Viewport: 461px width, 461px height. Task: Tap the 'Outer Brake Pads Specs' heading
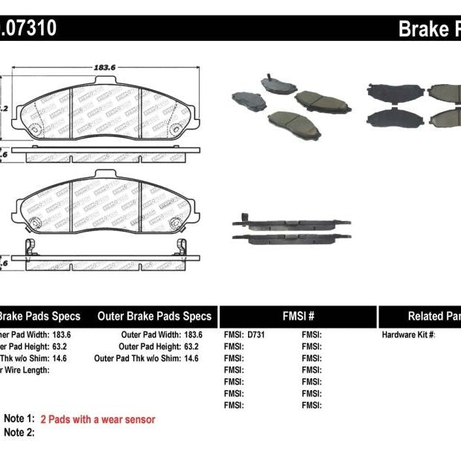(154, 316)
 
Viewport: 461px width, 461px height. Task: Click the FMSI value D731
(255, 335)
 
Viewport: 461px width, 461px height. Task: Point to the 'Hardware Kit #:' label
(408, 335)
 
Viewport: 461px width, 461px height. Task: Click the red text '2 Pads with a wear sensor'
(98, 419)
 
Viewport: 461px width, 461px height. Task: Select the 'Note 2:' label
(19, 433)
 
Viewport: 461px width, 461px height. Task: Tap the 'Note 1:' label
(19, 419)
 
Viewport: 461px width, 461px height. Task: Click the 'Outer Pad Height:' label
(150, 346)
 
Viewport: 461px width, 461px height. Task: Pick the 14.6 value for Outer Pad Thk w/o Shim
(191, 358)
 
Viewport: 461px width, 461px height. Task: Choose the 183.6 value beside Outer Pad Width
(193, 335)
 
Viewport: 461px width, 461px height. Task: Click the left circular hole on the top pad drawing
(34, 128)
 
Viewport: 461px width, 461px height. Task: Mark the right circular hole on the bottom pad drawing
(177, 224)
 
